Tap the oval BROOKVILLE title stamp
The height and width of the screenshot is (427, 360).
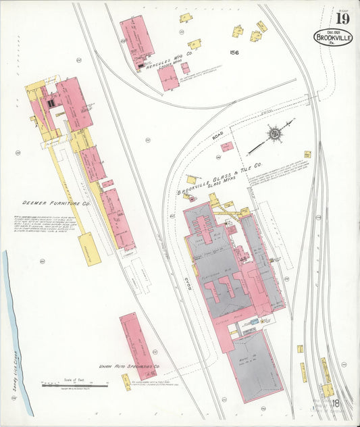click(333, 38)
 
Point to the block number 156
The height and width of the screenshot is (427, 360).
click(234, 53)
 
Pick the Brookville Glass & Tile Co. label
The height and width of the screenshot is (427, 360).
click(220, 176)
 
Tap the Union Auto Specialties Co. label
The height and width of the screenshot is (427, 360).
click(128, 367)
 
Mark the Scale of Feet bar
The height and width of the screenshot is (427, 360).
click(74, 386)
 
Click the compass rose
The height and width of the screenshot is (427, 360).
click(274, 134)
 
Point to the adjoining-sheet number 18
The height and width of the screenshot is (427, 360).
click(334, 404)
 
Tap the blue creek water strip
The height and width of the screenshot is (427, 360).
click(16, 324)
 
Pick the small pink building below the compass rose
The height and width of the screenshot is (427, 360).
click(228, 146)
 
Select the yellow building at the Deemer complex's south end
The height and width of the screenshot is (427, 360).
click(89, 248)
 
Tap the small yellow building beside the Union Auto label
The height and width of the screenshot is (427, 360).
click(126, 383)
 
